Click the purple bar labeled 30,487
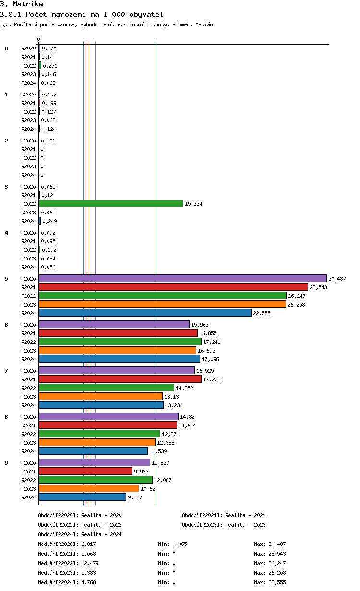(x=182, y=278)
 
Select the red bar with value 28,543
(x=173, y=287)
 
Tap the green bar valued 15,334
(x=111, y=203)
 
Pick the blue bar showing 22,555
(x=145, y=313)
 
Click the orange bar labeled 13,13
(x=101, y=396)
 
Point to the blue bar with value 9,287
(x=83, y=497)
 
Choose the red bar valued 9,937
(x=85, y=471)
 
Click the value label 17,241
(x=211, y=342)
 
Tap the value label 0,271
(x=50, y=66)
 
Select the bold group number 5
(x=6, y=279)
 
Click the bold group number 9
(x=6, y=463)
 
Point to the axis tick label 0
(x=39, y=39)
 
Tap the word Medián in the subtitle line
(x=204, y=24)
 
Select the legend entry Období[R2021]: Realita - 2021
(x=224, y=515)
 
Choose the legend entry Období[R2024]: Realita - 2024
(x=80, y=534)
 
